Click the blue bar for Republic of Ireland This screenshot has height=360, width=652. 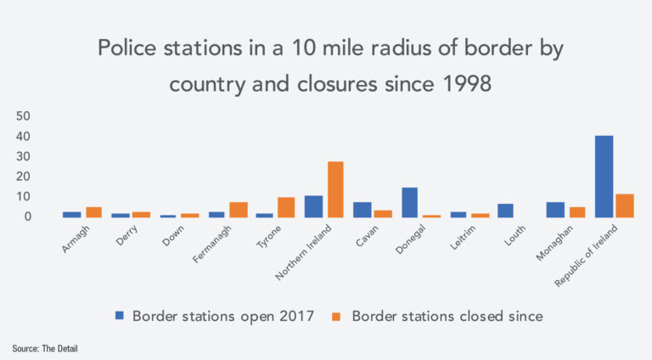(x=604, y=177)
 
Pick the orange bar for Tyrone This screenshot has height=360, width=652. (x=288, y=207)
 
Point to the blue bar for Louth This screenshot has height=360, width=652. (x=506, y=211)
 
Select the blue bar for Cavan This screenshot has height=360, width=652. (x=362, y=210)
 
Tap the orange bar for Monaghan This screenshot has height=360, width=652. (x=576, y=212)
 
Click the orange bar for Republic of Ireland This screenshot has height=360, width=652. (x=625, y=205)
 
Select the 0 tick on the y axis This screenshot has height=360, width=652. (x=28, y=217)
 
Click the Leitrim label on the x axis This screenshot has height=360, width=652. (x=463, y=239)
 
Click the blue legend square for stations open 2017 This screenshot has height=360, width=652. (x=120, y=315)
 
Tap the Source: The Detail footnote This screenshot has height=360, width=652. (x=49, y=348)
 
